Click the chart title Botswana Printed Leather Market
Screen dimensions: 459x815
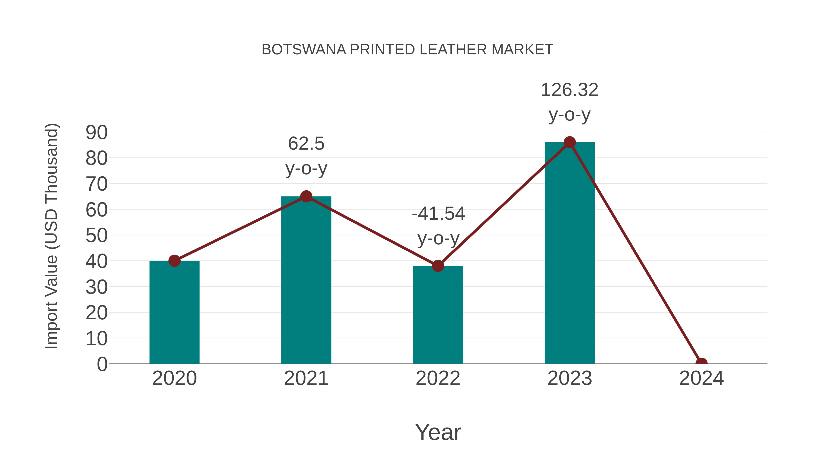tap(407, 50)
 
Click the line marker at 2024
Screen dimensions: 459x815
tap(701, 363)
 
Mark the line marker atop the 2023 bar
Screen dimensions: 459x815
tap(570, 143)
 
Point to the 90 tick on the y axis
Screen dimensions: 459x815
tap(96, 132)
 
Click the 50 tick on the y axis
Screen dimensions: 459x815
tap(96, 235)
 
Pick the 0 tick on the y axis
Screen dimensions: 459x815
tap(102, 364)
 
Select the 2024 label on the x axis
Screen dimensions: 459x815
tap(701, 378)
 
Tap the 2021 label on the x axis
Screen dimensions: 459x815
tap(306, 378)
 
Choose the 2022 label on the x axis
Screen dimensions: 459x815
tap(438, 378)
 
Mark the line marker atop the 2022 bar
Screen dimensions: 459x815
tap(438, 266)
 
